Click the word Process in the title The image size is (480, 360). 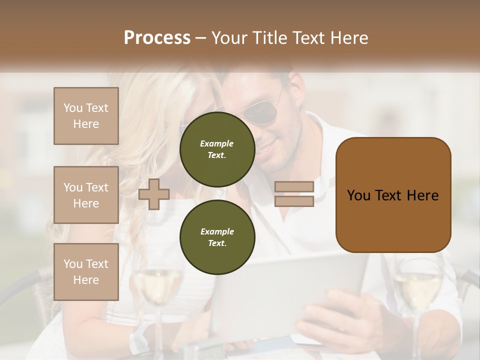pyautogui.click(x=157, y=37)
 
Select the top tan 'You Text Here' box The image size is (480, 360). pyautogui.click(x=86, y=116)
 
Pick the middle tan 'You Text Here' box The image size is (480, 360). pyautogui.click(x=86, y=195)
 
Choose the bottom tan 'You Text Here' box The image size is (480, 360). pyautogui.click(x=86, y=272)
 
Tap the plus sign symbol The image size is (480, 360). pyautogui.click(x=154, y=194)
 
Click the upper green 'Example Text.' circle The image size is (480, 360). pyautogui.click(x=217, y=149)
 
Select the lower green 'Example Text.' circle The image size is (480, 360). pyautogui.click(x=217, y=237)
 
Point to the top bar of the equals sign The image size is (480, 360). pyautogui.click(x=294, y=187)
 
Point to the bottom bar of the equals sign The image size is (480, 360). pyautogui.click(x=294, y=201)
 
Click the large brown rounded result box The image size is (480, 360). pyautogui.click(x=393, y=195)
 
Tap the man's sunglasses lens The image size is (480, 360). pyautogui.click(x=263, y=112)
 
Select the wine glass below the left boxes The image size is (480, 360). pyautogui.click(x=157, y=290)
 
